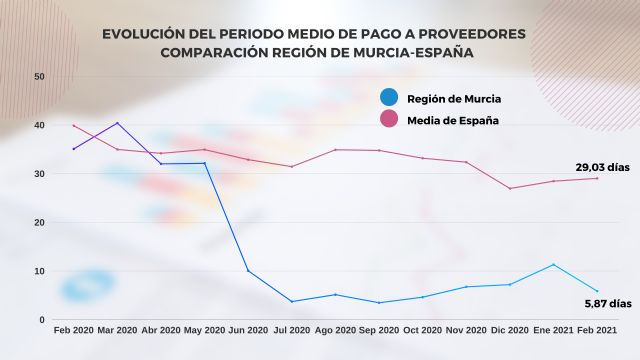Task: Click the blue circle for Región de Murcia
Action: (x=390, y=97)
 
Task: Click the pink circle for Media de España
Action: (x=390, y=120)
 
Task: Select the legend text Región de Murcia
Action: (x=455, y=98)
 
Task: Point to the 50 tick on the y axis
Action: (x=38, y=76)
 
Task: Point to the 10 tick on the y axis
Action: (x=38, y=271)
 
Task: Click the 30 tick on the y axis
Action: (x=38, y=174)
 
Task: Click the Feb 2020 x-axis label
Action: (x=74, y=330)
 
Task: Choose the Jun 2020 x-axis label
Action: (x=248, y=330)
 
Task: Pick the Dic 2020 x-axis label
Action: (x=510, y=330)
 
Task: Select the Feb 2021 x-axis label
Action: (x=597, y=330)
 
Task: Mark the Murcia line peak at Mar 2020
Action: (x=118, y=123)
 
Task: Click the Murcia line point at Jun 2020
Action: (x=248, y=271)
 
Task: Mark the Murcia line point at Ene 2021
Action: (x=554, y=264)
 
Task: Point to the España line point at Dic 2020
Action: (x=510, y=188)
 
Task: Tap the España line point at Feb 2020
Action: (x=74, y=125)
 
